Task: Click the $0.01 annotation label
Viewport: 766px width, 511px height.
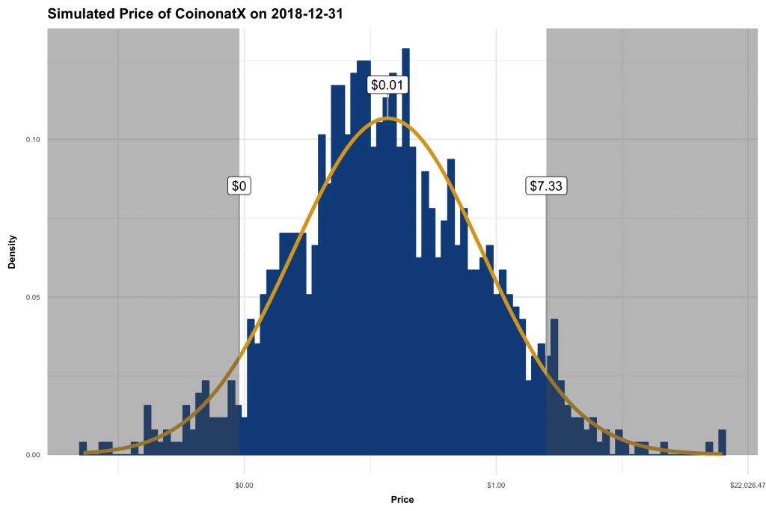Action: [x=387, y=85]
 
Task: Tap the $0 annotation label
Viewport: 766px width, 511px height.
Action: [x=239, y=186]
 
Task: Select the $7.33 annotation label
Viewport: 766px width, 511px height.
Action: [x=545, y=186]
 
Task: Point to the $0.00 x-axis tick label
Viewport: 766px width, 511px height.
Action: [x=244, y=486]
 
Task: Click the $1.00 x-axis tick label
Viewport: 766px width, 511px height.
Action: [x=496, y=486]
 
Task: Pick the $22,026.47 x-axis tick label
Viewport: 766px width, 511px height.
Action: [x=747, y=486]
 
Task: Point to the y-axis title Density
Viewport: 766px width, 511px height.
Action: [x=12, y=252]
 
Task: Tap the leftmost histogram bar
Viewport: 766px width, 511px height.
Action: [x=82, y=448]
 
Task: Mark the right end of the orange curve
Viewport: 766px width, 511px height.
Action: [x=720, y=453]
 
